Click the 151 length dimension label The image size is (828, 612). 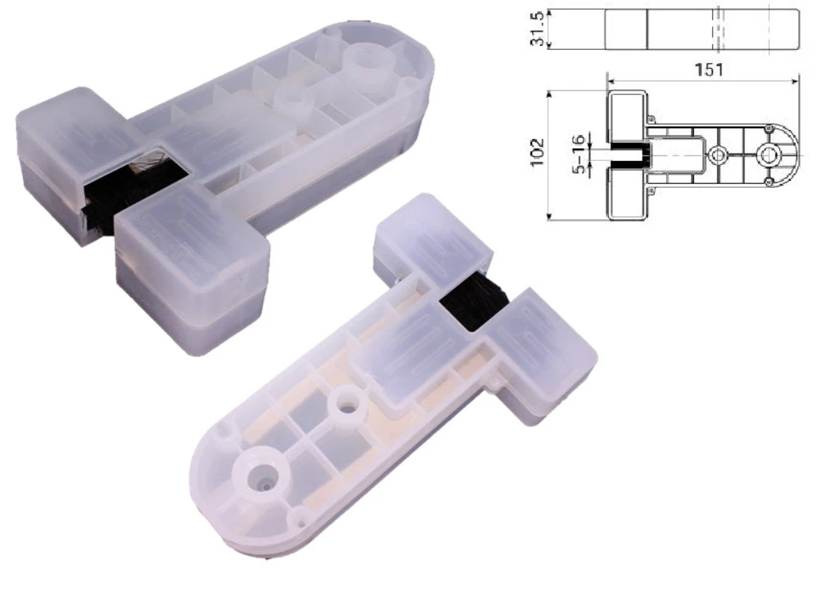[x=708, y=69]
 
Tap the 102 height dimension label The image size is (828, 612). [x=537, y=153]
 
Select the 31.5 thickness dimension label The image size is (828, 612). [x=537, y=29]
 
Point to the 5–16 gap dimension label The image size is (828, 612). [x=580, y=153]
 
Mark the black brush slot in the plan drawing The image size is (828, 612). [x=629, y=153]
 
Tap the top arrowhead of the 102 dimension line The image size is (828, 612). [x=550, y=94]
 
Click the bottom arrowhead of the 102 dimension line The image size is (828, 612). [x=550, y=215]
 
